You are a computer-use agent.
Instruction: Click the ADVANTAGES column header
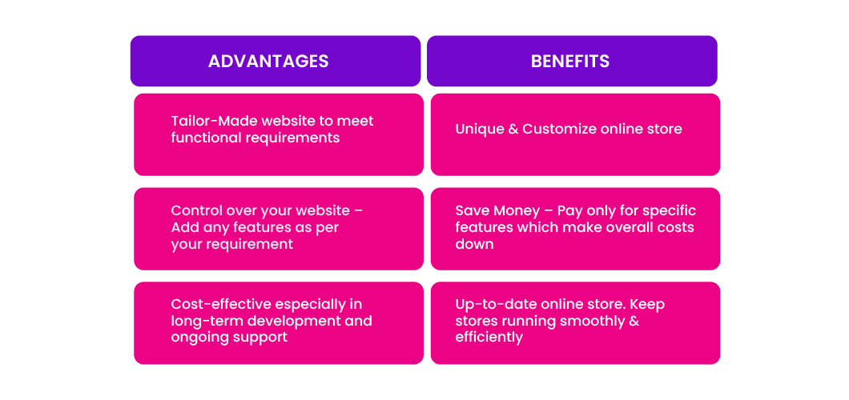(268, 61)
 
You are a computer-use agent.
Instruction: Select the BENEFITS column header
(570, 61)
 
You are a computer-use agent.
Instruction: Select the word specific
(671, 210)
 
